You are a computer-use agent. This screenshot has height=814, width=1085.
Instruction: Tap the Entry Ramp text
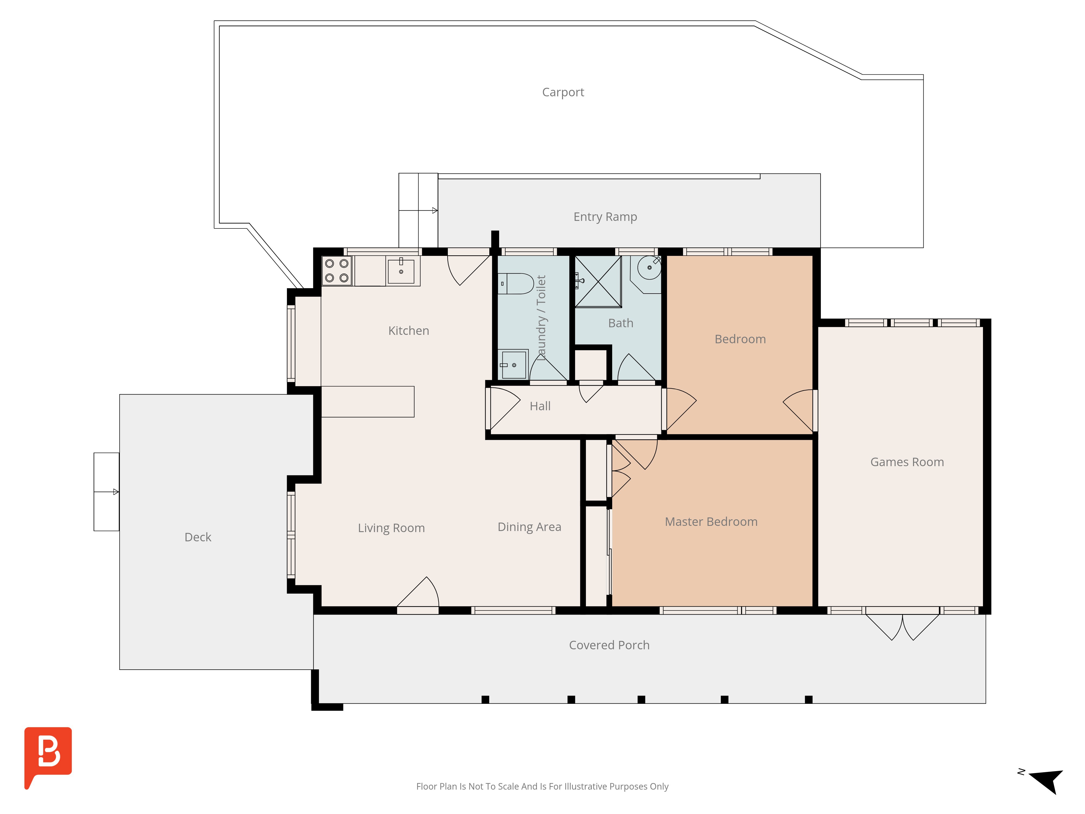pos(605,217)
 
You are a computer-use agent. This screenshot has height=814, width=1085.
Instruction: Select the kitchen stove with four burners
pos(337,270)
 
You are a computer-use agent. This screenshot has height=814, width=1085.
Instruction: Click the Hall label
pos(540,406)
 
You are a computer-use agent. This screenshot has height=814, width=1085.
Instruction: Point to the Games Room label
pos(907,462)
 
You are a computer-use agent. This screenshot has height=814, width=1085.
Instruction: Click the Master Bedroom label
pos(711,522)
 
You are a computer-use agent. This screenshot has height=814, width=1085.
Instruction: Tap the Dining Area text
pos(529,527)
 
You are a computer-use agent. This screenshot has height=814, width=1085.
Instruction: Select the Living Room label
pos(391,528)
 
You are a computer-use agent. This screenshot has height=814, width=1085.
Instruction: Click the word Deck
pos(198,537)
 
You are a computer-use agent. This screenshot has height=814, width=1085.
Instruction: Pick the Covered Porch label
pos(609,645)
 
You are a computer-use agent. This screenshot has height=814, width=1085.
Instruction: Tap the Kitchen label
pos(409,331)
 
